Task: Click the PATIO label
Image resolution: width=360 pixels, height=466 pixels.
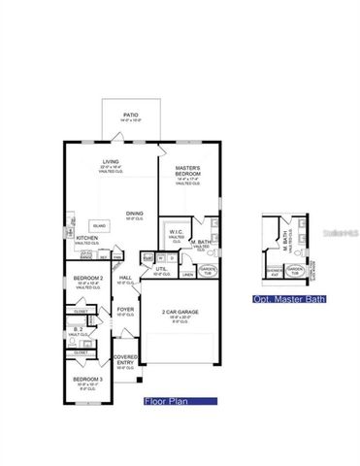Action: [130, 116]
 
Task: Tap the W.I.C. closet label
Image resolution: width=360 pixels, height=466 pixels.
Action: [177, 233]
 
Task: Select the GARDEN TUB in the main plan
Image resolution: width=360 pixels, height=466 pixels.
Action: [208, 269]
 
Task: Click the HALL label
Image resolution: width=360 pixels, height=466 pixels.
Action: [125, 278]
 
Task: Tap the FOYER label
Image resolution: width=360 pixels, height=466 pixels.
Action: [125, 311]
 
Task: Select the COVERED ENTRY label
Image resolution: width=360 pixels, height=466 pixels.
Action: [125, 359]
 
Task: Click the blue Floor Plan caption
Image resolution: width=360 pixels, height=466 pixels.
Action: [164, 400]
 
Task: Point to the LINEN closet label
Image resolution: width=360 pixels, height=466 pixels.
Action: [188, 275]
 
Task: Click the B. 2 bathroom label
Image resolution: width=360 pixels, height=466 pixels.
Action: [77, 330]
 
